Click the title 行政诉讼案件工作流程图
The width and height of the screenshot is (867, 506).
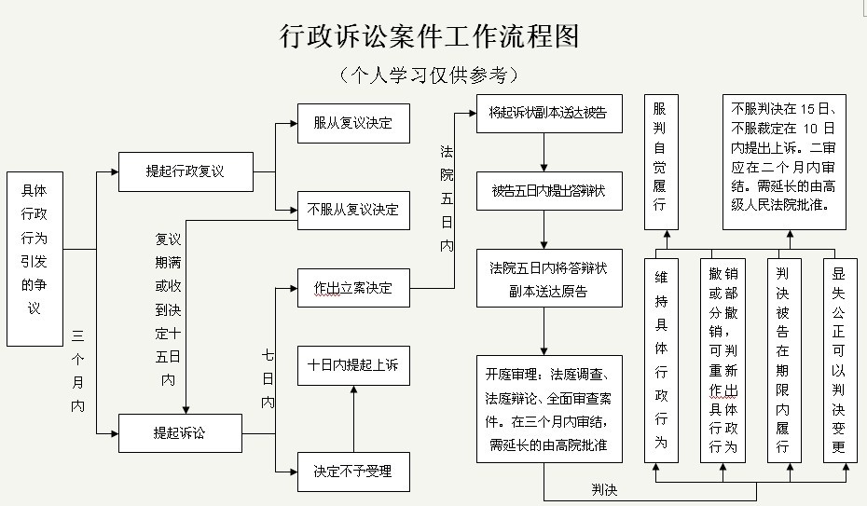pos(429,36)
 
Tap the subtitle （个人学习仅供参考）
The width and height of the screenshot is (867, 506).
pos(429,75)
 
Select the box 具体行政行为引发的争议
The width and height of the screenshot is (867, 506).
pos(34,259)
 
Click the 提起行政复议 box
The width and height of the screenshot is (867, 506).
pos(186,171)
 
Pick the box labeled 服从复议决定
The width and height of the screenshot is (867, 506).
pos(354,123)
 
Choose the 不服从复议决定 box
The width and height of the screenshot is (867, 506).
pos(354,211)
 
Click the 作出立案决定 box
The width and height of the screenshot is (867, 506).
pos(354,288)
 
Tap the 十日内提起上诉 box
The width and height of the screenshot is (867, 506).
pos(354,365)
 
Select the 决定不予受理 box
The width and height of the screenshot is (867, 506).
pos(354,472)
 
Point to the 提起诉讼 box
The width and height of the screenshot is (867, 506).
pos(180,433)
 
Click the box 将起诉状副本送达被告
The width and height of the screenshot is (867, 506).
pos(550,114)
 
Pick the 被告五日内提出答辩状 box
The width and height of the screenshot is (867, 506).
pos(550,191)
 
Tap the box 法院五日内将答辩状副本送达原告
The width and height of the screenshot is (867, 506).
pos(550,279)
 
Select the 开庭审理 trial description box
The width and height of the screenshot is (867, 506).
pos(550,409)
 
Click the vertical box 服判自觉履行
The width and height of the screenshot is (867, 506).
pos(661,162)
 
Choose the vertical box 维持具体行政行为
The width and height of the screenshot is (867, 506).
pos(661,361)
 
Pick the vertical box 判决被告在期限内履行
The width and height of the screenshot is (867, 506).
pos(785,361)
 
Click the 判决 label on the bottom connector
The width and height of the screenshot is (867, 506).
pos(604,489)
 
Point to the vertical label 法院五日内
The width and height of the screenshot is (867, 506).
pos(447,198)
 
